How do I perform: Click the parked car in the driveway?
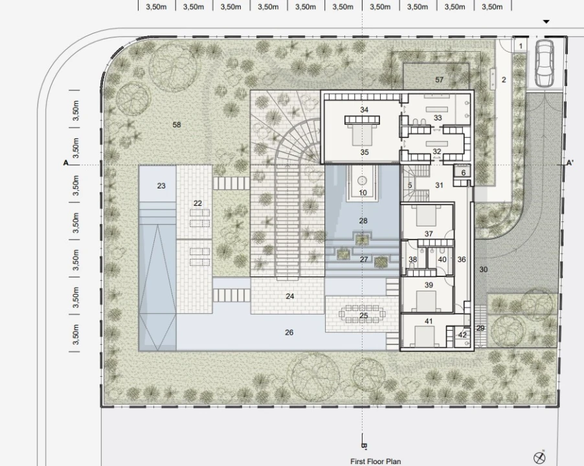(544, 63)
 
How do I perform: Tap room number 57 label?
(439, 80)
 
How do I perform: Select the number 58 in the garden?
(177, 125)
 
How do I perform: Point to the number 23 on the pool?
(161, 186)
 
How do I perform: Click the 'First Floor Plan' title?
(376, 461)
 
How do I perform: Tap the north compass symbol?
(540, 457)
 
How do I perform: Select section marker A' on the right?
(570, 163)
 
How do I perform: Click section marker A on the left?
(66, 163)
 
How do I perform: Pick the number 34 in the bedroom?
(364, 109)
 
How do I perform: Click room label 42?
(462, 335)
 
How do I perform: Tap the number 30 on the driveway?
(483, 269)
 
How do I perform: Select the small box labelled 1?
(521, 46)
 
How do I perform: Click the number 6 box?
(464, 173)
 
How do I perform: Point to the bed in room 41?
(424, 337)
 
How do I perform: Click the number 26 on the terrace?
(289, 333)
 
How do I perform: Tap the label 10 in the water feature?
(363, 193)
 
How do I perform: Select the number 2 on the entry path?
(504, 80)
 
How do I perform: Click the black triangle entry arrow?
(546, 22)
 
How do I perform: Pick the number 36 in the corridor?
(462, 260)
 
